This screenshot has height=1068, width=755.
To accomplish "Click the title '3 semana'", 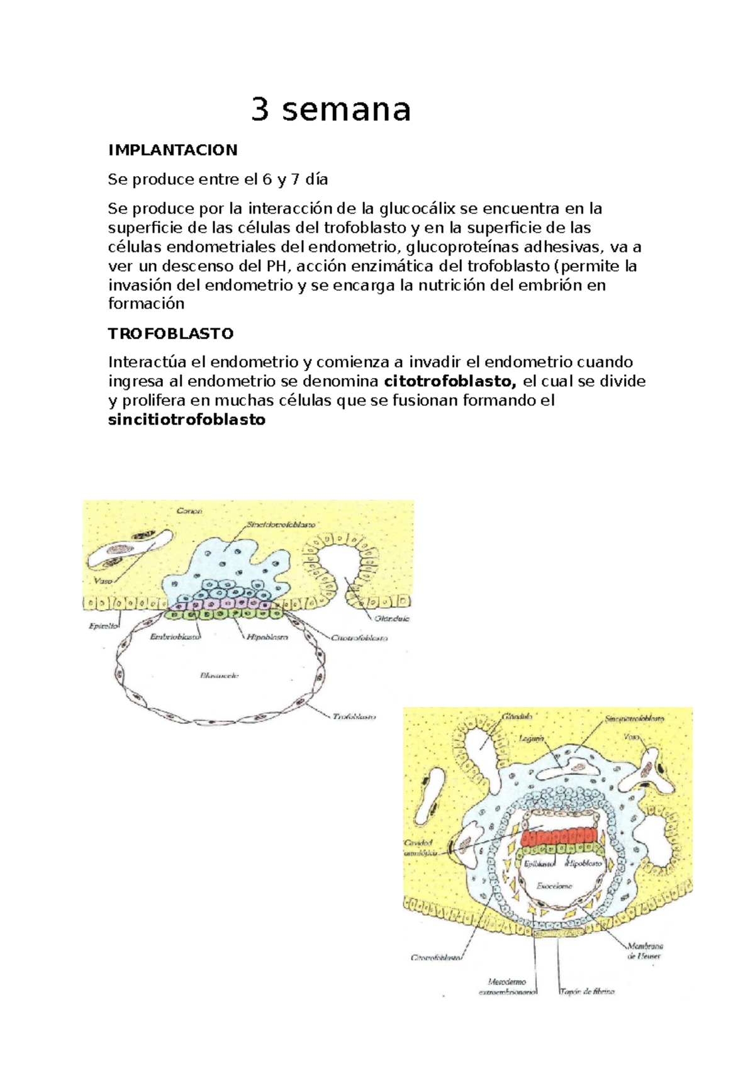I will coord(331,109).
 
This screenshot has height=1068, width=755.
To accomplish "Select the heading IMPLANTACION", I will coord(172,150).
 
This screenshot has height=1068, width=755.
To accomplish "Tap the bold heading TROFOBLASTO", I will coord(171,333).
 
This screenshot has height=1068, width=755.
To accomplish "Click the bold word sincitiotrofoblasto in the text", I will coord(187,420).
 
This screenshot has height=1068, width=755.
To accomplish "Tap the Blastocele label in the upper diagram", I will coord(219,676).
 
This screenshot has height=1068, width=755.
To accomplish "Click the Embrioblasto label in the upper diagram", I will coord(175,637).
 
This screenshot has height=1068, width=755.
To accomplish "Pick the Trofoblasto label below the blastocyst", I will coord(354,716).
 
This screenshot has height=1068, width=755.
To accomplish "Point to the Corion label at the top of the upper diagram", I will coord(189,511).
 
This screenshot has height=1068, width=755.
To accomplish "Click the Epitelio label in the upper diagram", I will coord(102,626).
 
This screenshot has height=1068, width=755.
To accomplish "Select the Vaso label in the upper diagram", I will coord(103,581).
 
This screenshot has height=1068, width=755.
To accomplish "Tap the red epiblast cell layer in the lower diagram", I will coord(559,837).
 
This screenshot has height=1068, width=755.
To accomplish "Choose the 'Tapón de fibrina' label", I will coord(586,992).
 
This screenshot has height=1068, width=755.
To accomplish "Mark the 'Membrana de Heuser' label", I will coord(644,950).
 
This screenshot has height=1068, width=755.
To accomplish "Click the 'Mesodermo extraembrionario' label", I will coord(507,986).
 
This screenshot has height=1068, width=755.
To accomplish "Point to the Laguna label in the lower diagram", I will coord(531,738).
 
